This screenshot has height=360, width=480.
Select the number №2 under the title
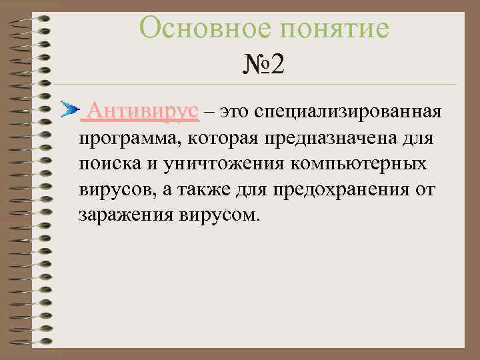click(264, 65)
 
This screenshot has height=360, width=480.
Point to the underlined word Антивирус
click(143, 110)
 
